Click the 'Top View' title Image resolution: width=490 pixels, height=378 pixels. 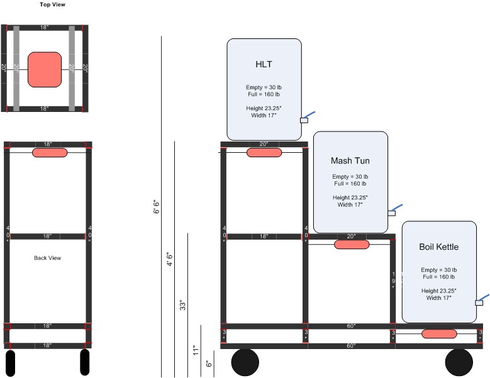[52, 4]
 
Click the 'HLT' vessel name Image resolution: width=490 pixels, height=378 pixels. [264, 64]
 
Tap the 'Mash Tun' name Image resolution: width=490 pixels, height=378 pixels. [350, 161]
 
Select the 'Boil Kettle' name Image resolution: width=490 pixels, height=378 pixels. [438, 247]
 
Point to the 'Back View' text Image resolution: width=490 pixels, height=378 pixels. [47, 258]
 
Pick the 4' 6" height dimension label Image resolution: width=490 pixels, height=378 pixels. [169, 259]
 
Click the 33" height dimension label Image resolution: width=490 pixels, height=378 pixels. [183, 305]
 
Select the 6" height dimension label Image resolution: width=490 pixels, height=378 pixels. [209, 363]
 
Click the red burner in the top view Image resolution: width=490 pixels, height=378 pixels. [45, 69]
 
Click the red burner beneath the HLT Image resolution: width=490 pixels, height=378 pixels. [264, 153]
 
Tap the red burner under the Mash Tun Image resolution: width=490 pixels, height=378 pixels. [352, 244]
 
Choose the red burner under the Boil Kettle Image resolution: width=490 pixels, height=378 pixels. [438, 334]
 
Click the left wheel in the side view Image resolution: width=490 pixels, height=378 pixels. [245, 363]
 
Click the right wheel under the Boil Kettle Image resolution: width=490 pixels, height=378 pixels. [459, 363]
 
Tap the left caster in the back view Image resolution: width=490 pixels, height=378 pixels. [10, 363]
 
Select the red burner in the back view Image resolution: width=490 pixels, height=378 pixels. [50, 152]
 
